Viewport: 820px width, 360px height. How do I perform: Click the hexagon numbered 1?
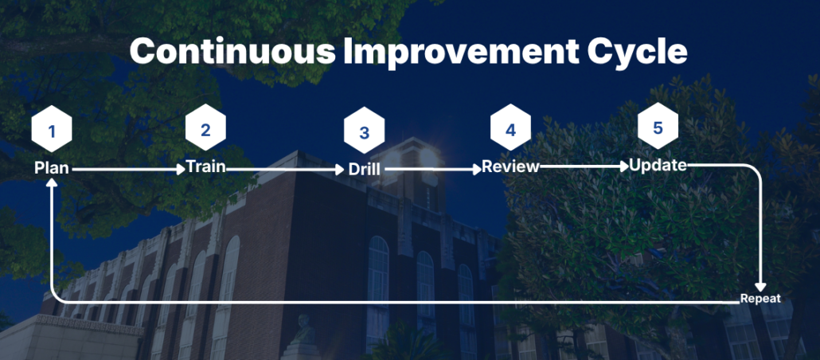(51, 131)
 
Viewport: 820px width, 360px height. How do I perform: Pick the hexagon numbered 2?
(205, 129)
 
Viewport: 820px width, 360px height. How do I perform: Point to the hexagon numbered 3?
(364, 132)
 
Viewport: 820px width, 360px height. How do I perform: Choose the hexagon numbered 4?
(510, 129)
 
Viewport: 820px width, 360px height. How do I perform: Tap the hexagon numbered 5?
(658, 127)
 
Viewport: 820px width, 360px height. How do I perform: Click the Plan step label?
(51, 168)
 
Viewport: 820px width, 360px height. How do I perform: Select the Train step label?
(206, 167)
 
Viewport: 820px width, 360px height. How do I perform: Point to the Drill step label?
(364, 170)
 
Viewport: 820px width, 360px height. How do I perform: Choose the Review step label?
(510, 166)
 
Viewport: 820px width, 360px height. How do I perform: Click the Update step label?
(658, 166)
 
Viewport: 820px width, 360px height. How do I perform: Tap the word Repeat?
(759, 299)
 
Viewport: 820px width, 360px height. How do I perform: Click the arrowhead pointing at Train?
(182, 170)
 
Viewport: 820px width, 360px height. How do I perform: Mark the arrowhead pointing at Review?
(476, 169)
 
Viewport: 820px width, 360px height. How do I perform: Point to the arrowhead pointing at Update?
(623, 166)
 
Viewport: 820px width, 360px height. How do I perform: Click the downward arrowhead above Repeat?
(761, 288)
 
